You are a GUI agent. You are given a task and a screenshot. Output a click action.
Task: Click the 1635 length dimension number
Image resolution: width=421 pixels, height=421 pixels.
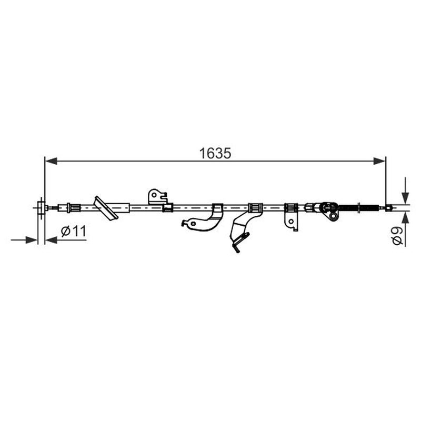215,153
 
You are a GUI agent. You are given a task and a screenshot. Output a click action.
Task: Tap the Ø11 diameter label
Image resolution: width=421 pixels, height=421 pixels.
74,231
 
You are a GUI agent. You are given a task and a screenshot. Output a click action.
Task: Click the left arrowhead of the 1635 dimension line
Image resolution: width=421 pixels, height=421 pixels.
51,161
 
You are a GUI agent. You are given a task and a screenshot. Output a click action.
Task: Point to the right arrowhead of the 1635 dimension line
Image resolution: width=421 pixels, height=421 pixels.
379,161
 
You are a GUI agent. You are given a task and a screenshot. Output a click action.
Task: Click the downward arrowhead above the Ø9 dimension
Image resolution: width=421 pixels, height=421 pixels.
405,198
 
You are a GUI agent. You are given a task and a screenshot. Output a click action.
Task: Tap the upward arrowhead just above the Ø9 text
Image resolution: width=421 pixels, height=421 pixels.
405,217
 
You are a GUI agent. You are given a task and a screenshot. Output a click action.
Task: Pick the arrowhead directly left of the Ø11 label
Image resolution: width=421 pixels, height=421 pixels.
51,240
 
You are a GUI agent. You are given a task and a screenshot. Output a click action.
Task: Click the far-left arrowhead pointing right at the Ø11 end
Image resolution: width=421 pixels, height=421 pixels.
31,240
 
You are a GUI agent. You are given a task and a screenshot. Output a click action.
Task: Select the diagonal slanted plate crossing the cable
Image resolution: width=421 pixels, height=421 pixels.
106,208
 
